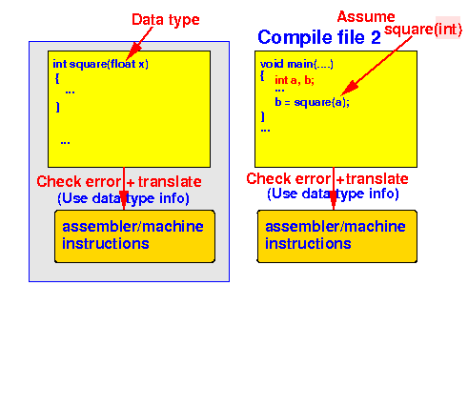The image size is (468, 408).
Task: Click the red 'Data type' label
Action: pos(166,20)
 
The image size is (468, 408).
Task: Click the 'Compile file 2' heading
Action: pos(319,37)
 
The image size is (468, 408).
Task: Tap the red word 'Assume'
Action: pos(366,16)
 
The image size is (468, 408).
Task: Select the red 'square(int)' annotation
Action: pos(423,30)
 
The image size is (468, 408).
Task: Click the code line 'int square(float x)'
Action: pos(100,64)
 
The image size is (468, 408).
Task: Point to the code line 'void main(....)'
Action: pos(296,64)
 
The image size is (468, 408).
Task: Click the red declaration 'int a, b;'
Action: pos(295,80)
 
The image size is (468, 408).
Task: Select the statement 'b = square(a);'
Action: pos(312,102)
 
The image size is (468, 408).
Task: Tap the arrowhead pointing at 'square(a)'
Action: pos(348,89)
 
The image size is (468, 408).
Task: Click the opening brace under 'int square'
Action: pos(57,78)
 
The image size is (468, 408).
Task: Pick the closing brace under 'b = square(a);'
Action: pos(263,116)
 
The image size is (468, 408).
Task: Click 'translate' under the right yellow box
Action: pos(376,179)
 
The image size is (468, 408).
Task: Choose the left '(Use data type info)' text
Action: pos(123,198)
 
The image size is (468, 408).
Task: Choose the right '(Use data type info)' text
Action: pos(333,194)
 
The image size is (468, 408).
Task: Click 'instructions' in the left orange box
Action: pos(106,244)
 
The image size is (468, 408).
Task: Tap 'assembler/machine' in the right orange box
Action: pos(336,227)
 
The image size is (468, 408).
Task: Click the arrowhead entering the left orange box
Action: pos(124,201)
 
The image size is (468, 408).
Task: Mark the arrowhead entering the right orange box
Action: pos(333,201)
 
